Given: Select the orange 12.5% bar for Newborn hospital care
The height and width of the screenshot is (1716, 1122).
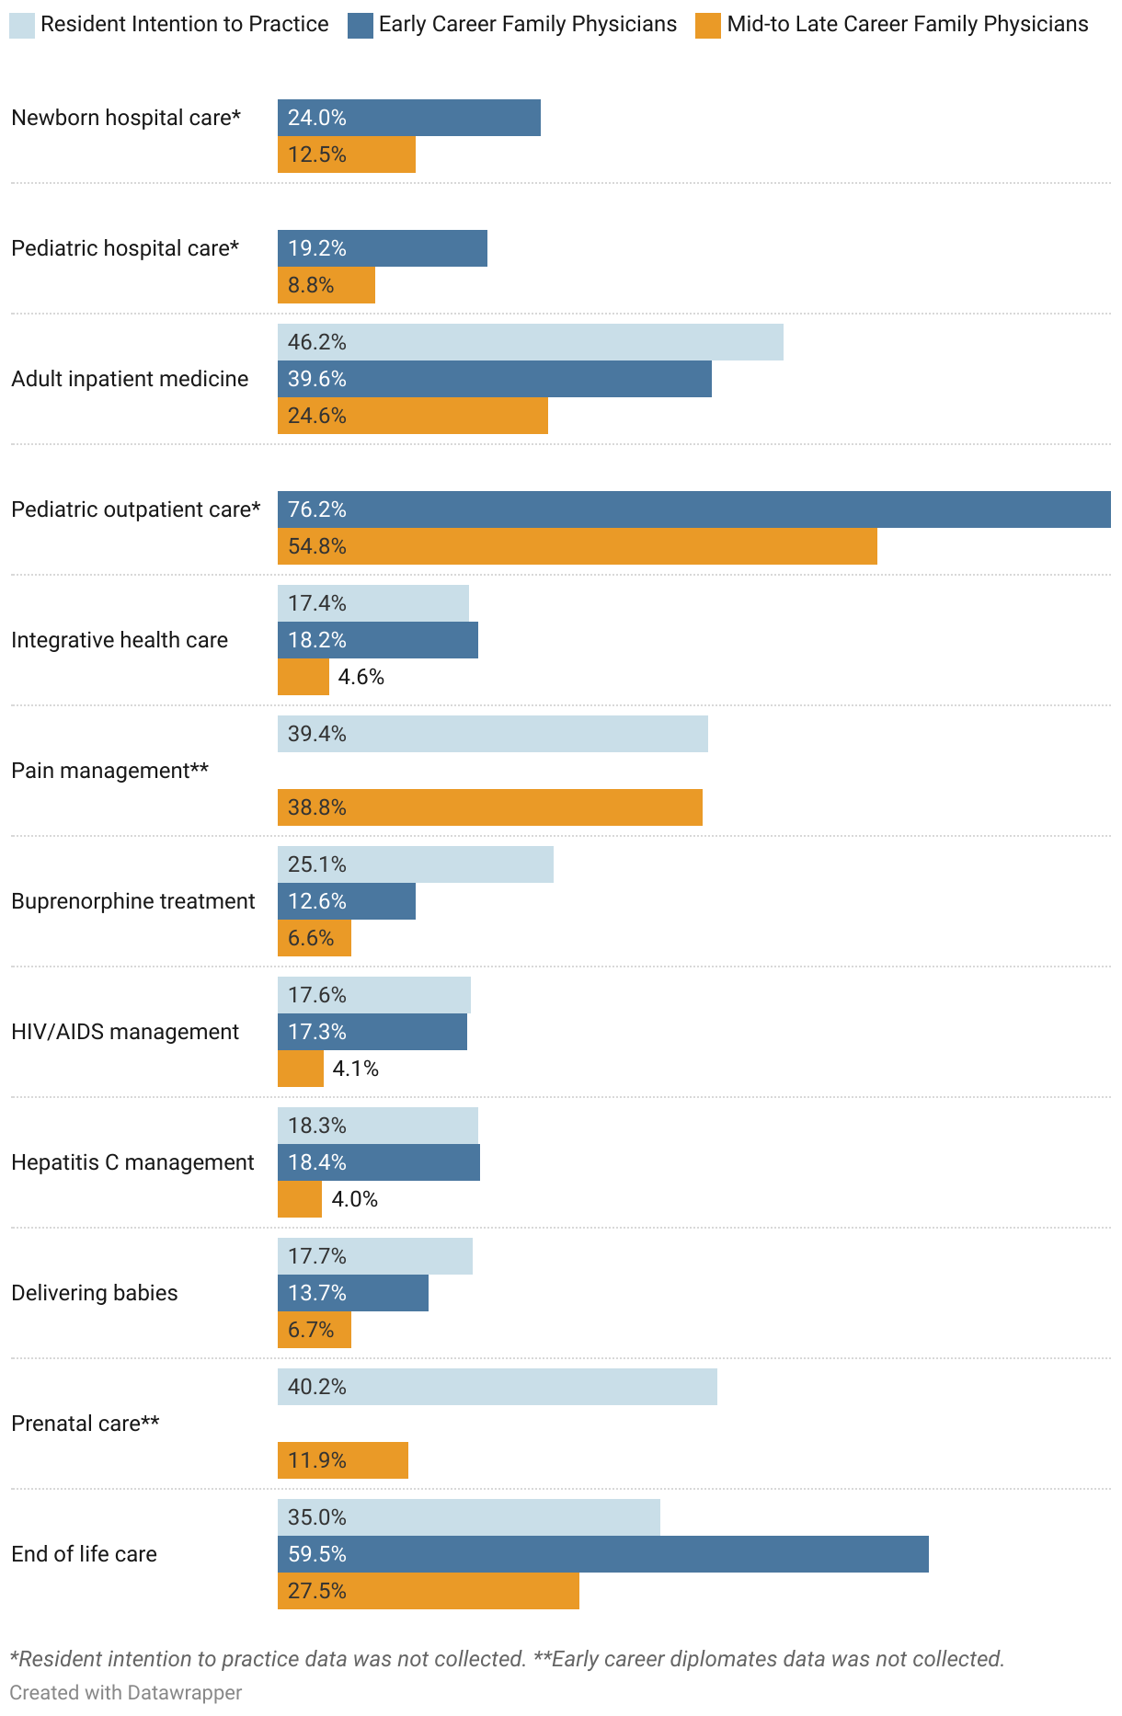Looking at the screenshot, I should pyautogui.click(x=347, y=154).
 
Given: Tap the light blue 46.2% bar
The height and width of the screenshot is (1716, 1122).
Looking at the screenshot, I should pyautogui.click(x=530, y=342).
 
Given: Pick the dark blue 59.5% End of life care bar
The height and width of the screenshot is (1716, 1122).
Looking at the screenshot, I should pyautogui.click(x=602, y=1554).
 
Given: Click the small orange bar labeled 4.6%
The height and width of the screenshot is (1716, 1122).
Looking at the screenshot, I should pyautogui.click(x=303, y=677).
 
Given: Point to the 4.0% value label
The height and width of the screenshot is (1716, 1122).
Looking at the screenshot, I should pyautogui.click(x=354, y=1199).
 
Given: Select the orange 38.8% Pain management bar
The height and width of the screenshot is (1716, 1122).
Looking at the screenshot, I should pyautogui.click(x=489, y=807).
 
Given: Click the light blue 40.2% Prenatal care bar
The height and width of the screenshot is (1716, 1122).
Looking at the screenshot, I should pyautogui.click(x=497, y=1387).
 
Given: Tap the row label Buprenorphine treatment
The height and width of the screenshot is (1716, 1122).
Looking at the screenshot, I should pyautogui.click(x=132, y=901).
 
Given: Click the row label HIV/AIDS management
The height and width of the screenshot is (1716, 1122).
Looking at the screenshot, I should pyautogui.click(x=124, y=1032).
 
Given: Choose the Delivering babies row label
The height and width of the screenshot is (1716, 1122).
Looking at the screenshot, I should pyautogui.click(x=94, y=1293).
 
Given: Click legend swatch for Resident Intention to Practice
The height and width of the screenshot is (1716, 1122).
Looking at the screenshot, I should pyautogui.click(x=22, y=25).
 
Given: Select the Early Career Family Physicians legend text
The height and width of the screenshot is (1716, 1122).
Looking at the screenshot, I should pyautogui.click(x=527, y=24).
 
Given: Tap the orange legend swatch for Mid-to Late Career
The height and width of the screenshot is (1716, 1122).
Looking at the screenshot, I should pyautogui.click(x=707, y=25).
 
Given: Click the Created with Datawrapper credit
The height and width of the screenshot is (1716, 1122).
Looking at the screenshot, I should pyautogui.click(x=125, y=1692).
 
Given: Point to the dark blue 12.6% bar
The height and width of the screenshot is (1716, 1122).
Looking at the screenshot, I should pyautogui.click(x=347, y=901).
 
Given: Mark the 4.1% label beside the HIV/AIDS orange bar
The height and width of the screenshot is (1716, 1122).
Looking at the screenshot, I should pyautogui.click(x=355, y=1069).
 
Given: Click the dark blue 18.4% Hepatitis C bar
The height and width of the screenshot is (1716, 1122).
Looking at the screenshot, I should pyautogui.click(x=378, y=1162).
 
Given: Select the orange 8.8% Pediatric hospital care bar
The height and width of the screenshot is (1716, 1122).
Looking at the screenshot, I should pyautogui.click(x=326, y=285).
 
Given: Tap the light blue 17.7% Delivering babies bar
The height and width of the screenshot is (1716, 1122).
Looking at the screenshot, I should pyautogui.click(x=374, y=1256).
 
